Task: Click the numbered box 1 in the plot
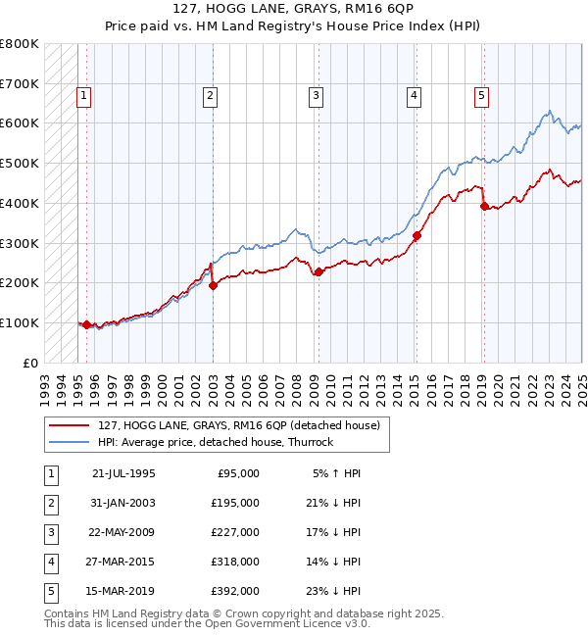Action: tap(85, 95)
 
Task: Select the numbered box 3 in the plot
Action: tap(317, 95)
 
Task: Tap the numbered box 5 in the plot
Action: tap(482, 95)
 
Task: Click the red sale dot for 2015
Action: tap(416, 235)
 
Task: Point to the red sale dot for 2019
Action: tap(483, 206)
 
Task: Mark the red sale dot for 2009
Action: tap(318, 271)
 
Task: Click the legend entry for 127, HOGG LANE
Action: tap(244, 425)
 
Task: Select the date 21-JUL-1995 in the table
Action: tap(122, 473)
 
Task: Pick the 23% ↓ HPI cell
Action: tap(331, 591)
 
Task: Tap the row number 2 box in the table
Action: tap(50, 503)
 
